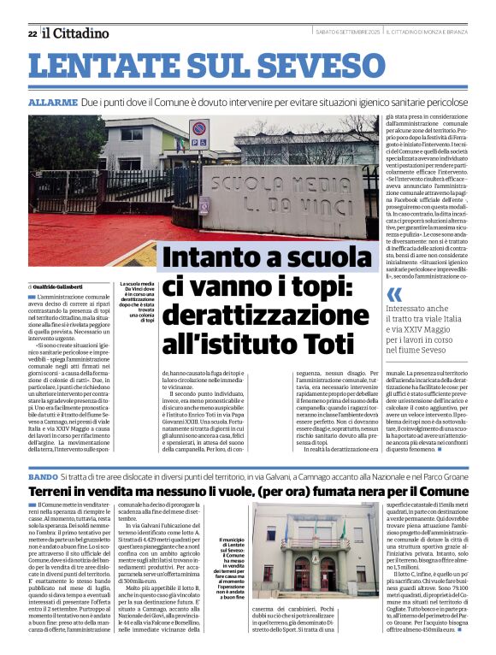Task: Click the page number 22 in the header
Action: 32,33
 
